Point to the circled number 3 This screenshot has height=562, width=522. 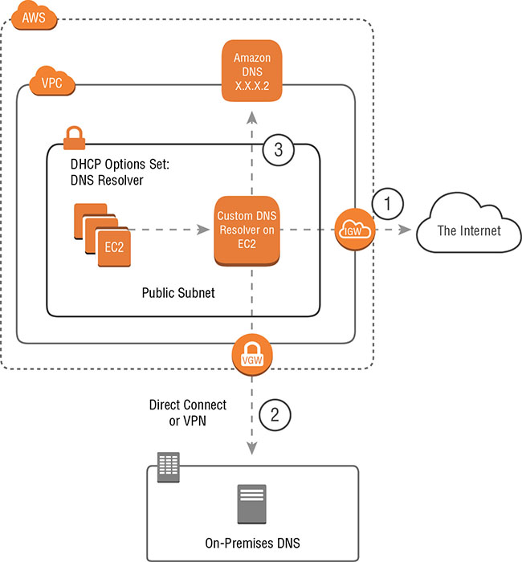278,150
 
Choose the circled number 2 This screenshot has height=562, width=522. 275,415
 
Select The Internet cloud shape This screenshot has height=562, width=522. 467,231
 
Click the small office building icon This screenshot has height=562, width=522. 168,465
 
